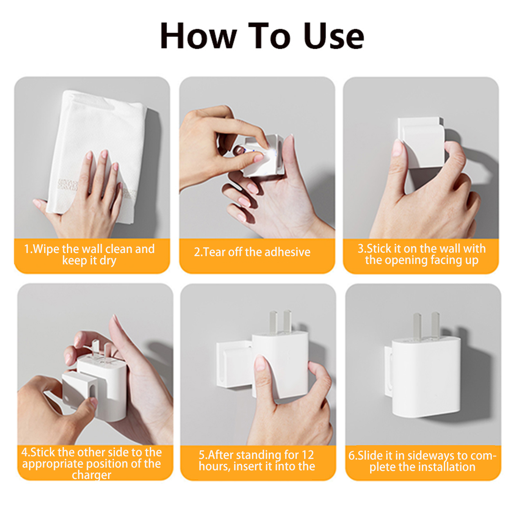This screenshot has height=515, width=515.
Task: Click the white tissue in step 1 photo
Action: point(97,154)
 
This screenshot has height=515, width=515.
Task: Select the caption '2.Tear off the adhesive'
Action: point(252,252)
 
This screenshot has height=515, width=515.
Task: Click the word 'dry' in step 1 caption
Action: point(108,260)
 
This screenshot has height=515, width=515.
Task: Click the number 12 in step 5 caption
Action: point(307,455)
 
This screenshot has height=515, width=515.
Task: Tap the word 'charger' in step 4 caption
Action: point(91,475)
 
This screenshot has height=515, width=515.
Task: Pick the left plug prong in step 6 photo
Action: point(417,327)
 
